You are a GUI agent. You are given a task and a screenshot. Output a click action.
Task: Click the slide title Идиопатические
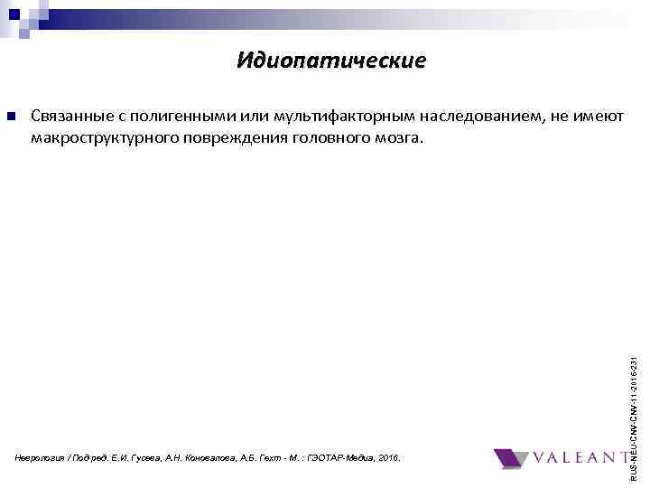[x=330, y=61]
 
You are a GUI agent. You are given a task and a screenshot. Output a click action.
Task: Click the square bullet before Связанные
[x=10, y=117]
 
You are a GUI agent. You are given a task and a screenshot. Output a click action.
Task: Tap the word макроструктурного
[x=104, y=139]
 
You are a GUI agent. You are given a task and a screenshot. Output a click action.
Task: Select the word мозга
[x=397, y=139]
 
